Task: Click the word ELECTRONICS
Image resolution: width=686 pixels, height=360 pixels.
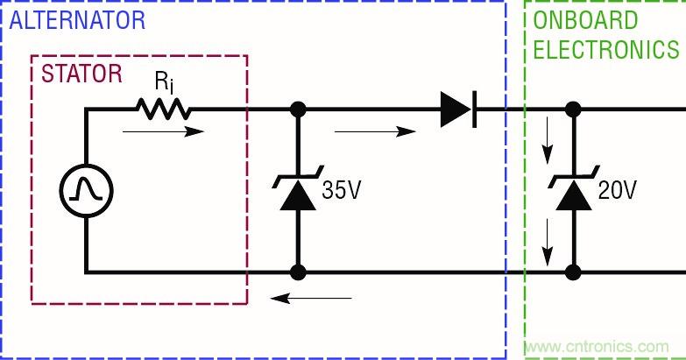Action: click(607, 49)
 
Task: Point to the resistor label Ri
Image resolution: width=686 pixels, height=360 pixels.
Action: click(163, 83)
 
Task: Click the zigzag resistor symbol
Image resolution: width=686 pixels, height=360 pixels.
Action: click(163, 109)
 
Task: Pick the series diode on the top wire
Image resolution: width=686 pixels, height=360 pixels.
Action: click(458, 109)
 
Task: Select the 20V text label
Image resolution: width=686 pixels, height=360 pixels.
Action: click(617, 191)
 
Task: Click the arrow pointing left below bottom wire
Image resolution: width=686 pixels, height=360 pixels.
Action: click(311, 298)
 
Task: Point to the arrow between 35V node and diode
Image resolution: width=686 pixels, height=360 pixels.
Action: click(375, 132)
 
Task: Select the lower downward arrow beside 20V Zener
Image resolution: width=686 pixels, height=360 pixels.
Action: click(548, 244)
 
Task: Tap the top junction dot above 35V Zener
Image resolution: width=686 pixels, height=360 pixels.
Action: click(298, 109)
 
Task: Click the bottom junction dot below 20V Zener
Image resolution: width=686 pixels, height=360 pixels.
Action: click(574, 272)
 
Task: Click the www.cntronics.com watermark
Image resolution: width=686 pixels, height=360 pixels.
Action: click(604, 346)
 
